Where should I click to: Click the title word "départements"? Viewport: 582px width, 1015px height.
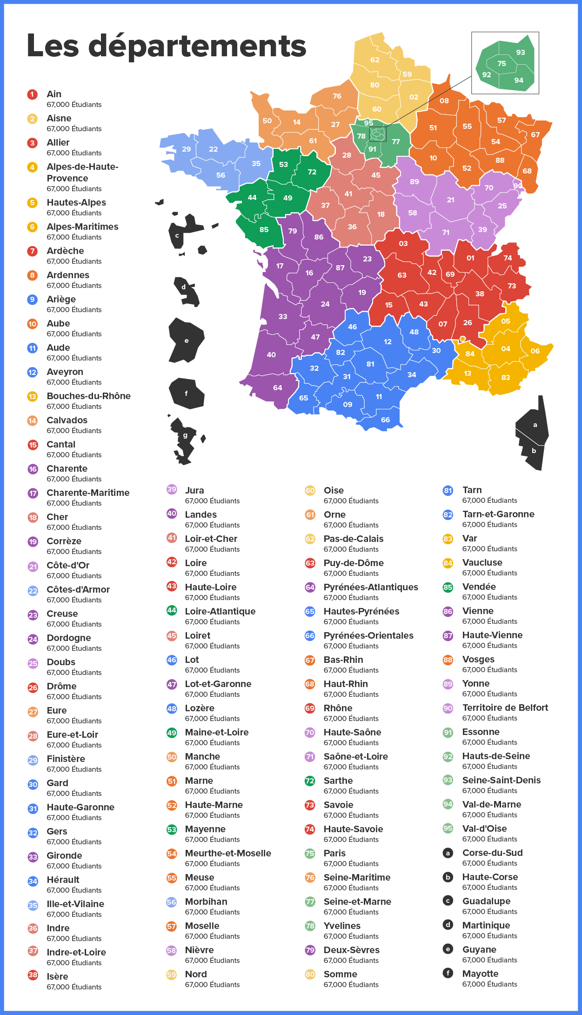(197, 47)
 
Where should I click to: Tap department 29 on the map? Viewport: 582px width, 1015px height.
(186, 149)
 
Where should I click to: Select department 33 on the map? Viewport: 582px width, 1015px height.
(283, 317)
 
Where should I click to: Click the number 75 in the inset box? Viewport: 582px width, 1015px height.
(502, 64)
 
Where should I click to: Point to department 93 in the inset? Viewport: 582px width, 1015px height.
(521, 53)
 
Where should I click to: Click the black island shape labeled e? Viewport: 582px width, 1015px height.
(186, 341)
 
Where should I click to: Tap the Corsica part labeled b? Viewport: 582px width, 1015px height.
(534, 451)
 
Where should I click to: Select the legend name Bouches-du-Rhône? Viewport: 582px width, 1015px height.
(88, 396)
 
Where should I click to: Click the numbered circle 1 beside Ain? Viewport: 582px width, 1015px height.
(32, 94)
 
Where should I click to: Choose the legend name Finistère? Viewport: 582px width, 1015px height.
(66, 759)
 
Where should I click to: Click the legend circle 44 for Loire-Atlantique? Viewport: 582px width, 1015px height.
(172, 610)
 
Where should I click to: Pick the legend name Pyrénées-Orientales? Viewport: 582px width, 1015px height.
(368, 635)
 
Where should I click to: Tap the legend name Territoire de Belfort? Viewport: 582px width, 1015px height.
(505, 708)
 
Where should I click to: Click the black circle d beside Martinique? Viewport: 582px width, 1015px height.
(448, 925)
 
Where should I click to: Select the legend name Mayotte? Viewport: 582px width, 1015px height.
(480, 974)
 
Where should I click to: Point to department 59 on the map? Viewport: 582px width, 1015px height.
(407, 74)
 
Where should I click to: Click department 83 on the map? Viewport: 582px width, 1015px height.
(506, 378)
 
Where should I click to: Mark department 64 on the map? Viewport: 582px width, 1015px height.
(277, 388)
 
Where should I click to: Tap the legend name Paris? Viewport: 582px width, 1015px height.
(334, 853)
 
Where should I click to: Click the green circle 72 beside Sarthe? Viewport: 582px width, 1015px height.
(310, 781)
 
